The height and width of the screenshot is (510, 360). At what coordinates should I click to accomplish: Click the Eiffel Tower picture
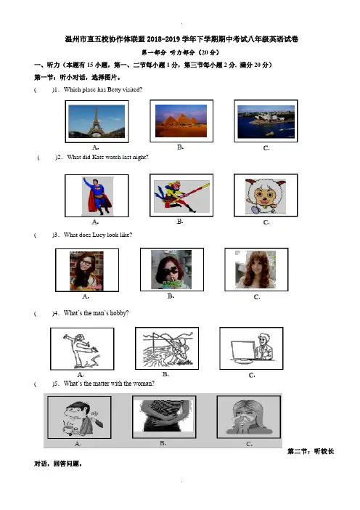97,121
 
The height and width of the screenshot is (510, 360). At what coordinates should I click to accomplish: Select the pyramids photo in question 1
181,121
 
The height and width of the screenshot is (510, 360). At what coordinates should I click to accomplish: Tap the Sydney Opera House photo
266,121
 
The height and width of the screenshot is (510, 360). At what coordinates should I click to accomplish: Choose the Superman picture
97,196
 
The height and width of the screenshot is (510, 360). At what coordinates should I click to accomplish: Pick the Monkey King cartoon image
181,196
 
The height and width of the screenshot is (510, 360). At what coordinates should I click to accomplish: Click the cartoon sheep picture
266,196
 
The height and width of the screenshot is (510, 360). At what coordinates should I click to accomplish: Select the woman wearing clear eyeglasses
86,270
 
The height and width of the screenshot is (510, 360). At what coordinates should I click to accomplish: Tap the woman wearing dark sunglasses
171,270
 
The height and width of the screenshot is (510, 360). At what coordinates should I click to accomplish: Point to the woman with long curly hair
255,270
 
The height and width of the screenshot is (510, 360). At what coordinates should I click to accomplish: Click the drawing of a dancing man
82,349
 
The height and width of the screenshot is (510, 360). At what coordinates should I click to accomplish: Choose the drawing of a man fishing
167,349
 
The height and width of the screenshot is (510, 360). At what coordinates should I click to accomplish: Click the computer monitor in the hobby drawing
243,351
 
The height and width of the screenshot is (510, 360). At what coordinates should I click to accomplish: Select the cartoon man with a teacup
80,418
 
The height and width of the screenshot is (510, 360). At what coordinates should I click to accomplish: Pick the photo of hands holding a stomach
164,416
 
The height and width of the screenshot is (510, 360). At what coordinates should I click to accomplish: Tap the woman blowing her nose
249,418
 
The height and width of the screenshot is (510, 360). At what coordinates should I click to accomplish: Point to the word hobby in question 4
119,313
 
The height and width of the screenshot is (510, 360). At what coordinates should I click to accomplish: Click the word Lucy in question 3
99,235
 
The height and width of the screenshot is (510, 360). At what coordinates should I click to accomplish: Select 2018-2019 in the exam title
163,39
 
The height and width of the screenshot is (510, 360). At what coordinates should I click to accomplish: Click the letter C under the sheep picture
266,222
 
